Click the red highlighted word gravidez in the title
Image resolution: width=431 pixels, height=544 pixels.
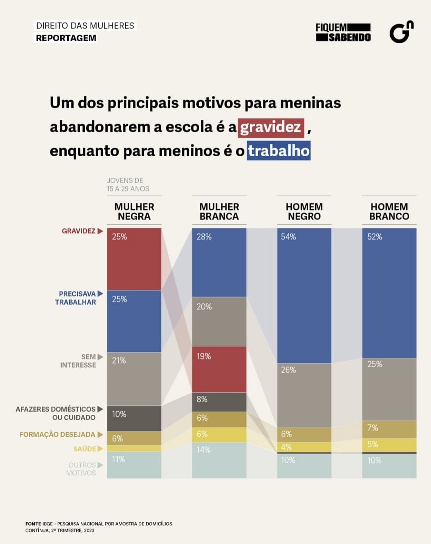(271, 128)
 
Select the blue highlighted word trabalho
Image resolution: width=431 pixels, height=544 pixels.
(278, 151)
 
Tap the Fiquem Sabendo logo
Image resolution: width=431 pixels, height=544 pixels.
(343, 33)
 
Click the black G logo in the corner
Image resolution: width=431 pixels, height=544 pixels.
(401, 32)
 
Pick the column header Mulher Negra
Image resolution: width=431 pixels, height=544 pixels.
(134, 211)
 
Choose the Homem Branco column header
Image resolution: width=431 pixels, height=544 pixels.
(389, 211)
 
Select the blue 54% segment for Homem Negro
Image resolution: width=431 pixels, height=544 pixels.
(304, 296)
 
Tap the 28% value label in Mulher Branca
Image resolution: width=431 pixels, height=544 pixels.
(204, 237)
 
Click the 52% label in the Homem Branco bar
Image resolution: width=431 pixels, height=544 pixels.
(375, 237)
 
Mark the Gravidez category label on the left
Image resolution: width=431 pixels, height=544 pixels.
(79, 231)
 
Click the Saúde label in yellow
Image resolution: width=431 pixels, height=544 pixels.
(85, 449)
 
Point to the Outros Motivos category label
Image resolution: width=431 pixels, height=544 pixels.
(82, 469)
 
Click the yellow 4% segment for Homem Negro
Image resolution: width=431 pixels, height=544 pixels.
(304, 447)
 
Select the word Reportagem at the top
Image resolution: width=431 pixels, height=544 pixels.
(66, 38)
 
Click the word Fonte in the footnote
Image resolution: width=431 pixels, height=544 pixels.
(33, 524)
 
